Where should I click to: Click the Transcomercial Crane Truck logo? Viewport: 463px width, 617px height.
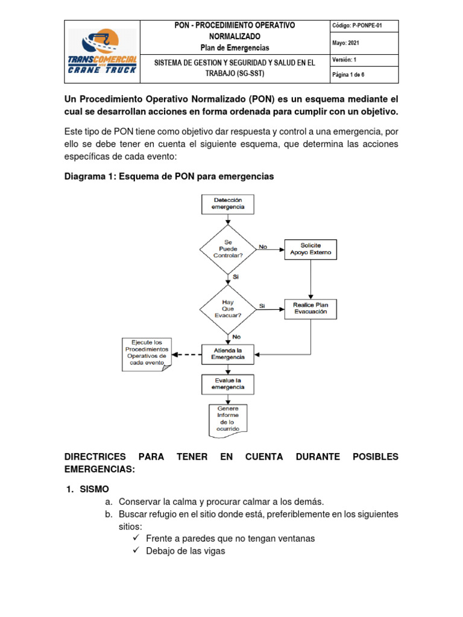tap(102, 51)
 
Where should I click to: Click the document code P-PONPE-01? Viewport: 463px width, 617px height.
tap(357, 25)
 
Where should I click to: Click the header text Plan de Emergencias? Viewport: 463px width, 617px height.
tap(235, 48)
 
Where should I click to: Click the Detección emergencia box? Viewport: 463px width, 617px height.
tap(228, 203)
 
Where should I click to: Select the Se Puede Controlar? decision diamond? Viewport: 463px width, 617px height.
tap(228, 248)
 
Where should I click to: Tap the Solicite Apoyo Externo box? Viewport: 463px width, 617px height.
tap(310, 249)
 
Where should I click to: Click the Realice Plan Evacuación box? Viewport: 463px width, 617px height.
tap(310, 308)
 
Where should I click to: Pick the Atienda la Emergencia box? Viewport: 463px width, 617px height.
tap(228, 353)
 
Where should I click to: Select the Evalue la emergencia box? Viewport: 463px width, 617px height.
tap(228, 384)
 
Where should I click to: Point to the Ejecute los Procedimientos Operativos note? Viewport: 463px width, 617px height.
tap(146, 354)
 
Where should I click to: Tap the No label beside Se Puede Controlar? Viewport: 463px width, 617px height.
tap(263, 246)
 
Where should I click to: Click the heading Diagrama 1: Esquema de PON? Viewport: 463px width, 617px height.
tap(169, 177)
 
